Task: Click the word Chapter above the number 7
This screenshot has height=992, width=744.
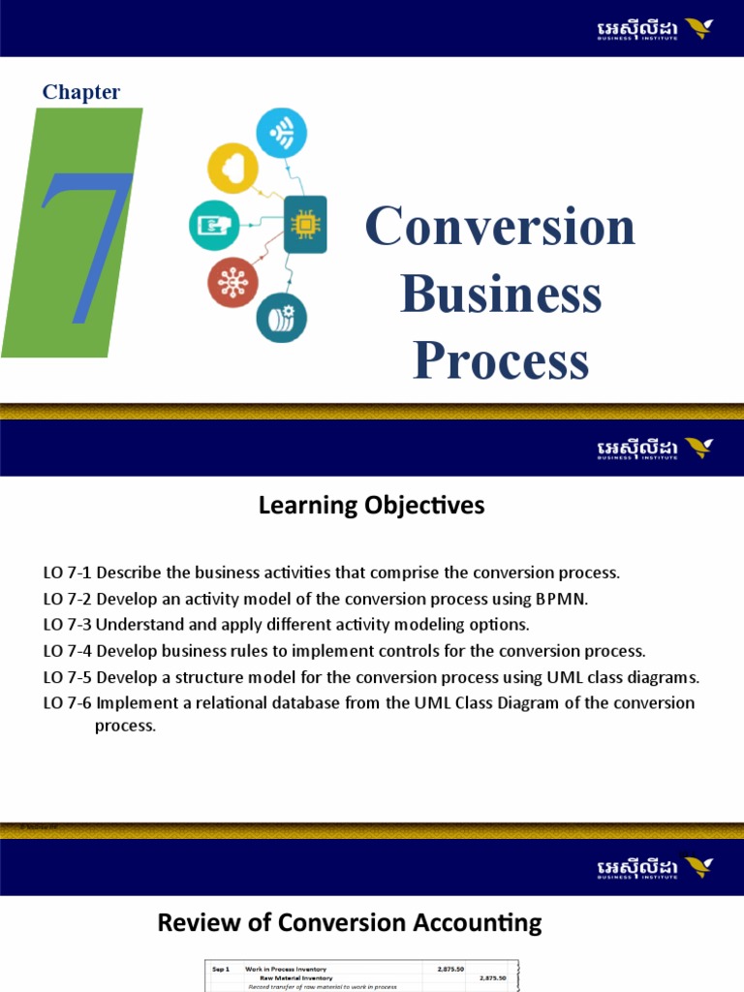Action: click(81, 92)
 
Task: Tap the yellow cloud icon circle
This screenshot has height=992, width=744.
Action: click(232, 168)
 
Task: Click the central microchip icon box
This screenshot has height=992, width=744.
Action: click(305, 224)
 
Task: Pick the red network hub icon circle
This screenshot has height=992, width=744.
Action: click(232, 282)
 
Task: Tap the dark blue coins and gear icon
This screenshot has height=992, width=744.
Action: click(282, 317)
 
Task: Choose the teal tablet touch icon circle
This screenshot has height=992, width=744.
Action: click(213, 225)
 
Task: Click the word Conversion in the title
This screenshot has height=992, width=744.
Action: click(500, 226)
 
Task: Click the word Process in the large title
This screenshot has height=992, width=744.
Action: click(501, 360)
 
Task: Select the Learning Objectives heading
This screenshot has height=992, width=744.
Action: click(372, 505)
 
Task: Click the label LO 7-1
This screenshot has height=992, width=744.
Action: click(67, 573)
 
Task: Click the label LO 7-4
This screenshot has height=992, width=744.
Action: click(67, 650)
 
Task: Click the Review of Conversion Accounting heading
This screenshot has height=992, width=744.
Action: click(350, 923)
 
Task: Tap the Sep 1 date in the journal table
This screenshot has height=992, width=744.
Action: click(221, 968)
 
